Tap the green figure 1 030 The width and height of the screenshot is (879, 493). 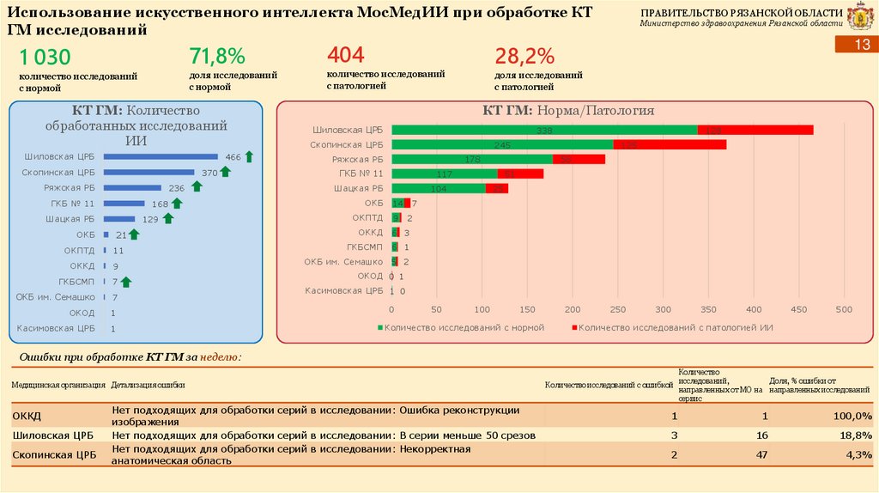click(x=45, y=58)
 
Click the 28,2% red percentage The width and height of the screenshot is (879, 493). click(x=525, y=57)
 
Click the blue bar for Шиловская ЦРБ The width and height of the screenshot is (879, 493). click(x=161, y=157)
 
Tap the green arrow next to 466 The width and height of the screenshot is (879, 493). click(x=249, y=156)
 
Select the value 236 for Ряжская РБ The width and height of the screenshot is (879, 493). click(x=177, y=188)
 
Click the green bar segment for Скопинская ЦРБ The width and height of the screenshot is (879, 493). click(x=502, y=144)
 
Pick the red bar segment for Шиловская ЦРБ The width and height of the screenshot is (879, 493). click(x=755, y=130)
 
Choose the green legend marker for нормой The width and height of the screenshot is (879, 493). click(x=379, y=328)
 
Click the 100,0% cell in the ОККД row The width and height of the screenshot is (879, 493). click(x=855, y=416)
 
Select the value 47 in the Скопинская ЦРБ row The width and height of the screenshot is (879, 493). click(x=761, y=454)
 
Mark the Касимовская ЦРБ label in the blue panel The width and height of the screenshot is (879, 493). click(x=56, y=328)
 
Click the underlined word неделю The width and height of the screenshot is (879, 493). click(x=225, y=357)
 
